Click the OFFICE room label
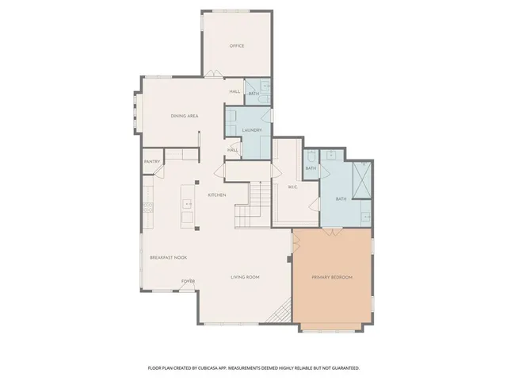point(236,46)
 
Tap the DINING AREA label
point(184,116)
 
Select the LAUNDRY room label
point(252,129)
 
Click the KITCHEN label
point(217,195)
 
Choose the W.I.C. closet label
point(291,187)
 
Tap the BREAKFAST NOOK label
point(168,257)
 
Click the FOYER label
point(188,281)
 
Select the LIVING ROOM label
point(246,277)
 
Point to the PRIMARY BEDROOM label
point(331,277)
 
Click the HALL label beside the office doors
point(234,91)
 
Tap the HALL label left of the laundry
point(233,150)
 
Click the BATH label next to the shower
point(341,198)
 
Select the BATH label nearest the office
point(253,94)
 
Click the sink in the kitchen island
point(188,204)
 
